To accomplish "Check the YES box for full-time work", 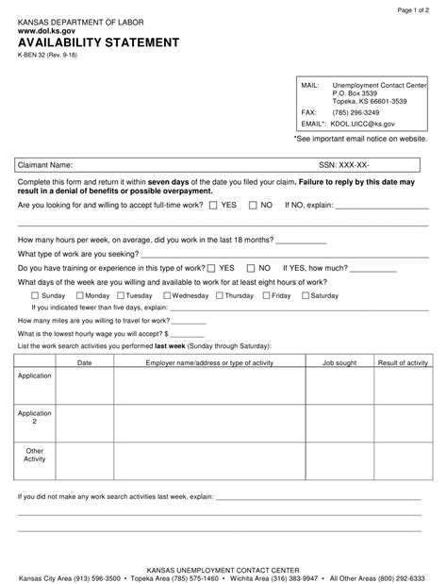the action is coord(213,204).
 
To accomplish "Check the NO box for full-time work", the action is coord(252,204).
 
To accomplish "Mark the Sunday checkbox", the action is coord(23,295).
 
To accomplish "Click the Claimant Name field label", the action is coord(45,164).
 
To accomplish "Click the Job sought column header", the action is coord(339,362).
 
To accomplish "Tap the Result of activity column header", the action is coord(403,362).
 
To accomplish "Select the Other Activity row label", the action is coord(35,455).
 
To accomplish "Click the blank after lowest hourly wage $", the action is coord(188,334).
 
